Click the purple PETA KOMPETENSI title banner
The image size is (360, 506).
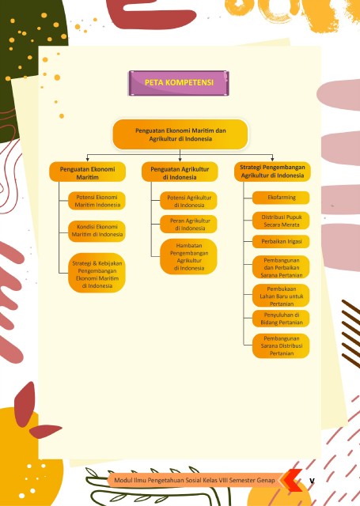(x=179, y=83)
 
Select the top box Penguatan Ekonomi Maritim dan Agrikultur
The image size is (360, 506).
(x=180, y=134)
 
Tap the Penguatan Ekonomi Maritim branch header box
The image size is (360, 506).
(x=87, y=172)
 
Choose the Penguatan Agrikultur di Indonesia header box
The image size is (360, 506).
(x=180, y=172)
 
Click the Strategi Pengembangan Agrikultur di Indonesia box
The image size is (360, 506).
(x=272, y=172)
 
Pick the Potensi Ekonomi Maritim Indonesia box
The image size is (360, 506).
(x=97, y=201)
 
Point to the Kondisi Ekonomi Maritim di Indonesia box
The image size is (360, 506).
(x=97, y=231)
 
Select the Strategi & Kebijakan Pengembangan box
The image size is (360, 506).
(x=97, y=273)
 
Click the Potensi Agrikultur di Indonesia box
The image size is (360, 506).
(x=188, y=201)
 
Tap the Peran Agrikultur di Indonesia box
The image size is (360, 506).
(x=188, y=225)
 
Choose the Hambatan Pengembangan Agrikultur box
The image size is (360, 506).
(x=188, y=256)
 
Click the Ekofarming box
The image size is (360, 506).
(x=281, y=198)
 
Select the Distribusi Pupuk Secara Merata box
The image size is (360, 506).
(x=281, y=221)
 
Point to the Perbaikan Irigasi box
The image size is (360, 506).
(x=281, y=242)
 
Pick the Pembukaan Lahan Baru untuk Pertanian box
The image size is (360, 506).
(x=281, y=296)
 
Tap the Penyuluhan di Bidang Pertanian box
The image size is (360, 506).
(x=281, y=319)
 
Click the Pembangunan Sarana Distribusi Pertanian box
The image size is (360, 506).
(x=281, y=346)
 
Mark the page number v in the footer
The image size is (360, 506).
(x=312, y=481)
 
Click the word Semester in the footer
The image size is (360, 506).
(x=242, y=480)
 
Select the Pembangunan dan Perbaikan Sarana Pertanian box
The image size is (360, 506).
(x=281, y=267)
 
